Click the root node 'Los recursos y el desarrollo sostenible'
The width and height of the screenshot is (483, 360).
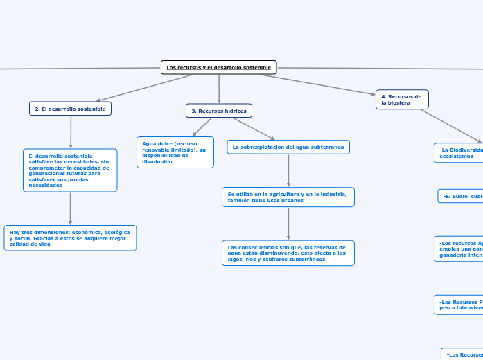click(219, 67)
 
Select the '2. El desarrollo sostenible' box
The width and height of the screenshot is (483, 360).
click(70, 109)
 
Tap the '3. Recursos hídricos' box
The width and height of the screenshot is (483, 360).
click(219, 111)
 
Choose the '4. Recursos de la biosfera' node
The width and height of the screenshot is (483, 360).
click(402, 100)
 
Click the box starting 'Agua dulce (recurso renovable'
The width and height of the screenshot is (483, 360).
click(175, 152)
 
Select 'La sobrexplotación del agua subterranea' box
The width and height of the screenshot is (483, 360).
click(288, 147)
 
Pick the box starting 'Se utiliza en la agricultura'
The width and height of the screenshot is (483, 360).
click(288, 197)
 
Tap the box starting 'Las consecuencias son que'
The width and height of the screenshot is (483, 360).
click(288, 253)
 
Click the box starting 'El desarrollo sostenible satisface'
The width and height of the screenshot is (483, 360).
click(70, 170)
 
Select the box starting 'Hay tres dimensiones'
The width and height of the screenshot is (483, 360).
click(70, 238)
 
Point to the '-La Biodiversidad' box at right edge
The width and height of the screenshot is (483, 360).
click(458, 152)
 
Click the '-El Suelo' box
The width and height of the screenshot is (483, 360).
click(461, 197)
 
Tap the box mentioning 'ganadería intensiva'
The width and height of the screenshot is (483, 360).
click(459, 249)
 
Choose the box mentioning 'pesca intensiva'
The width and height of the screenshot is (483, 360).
click(459, 305)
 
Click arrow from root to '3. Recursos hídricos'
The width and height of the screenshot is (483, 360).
click(219, 89)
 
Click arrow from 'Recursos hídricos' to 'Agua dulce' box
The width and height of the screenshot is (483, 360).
click(202, 127)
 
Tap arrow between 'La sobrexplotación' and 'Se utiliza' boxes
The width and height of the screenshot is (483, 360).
click(288, 170)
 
